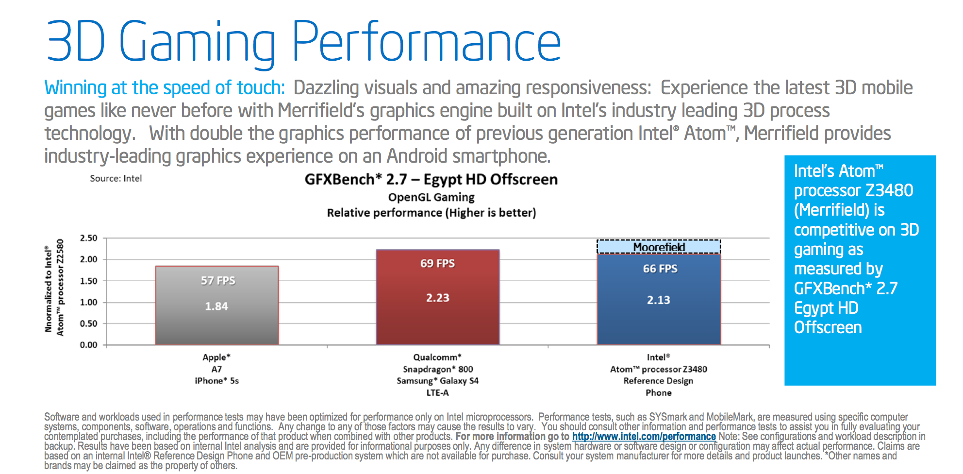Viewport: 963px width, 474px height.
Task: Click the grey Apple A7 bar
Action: point(216,325)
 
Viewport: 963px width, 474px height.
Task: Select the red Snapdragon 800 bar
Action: point(437,321)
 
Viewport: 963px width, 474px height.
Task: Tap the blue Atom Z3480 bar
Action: point(659,323)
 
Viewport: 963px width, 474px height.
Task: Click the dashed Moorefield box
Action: point(659,247)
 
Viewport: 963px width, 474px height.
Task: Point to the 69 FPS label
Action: point(437,263)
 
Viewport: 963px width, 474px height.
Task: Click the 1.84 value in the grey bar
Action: point(216,306)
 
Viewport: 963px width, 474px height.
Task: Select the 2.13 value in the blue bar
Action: point(658,300)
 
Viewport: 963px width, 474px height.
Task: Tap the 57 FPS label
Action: point(218,281)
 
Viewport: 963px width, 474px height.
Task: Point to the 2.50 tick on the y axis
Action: point(89,238)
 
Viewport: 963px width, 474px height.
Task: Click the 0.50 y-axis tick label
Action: point(89,323)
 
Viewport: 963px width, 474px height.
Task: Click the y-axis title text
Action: point(54,288)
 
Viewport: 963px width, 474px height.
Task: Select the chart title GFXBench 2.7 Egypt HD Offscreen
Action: point(431,180)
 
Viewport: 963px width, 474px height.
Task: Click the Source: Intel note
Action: point(116,179)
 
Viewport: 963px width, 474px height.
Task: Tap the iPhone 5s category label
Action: point(216,381)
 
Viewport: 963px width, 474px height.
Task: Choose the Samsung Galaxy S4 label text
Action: point(437,381)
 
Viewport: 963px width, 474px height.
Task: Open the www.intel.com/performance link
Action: point(644,436)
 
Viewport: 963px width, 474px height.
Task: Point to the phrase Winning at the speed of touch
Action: point(164,88)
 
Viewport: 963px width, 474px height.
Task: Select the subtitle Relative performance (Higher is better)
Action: point(431,213)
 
